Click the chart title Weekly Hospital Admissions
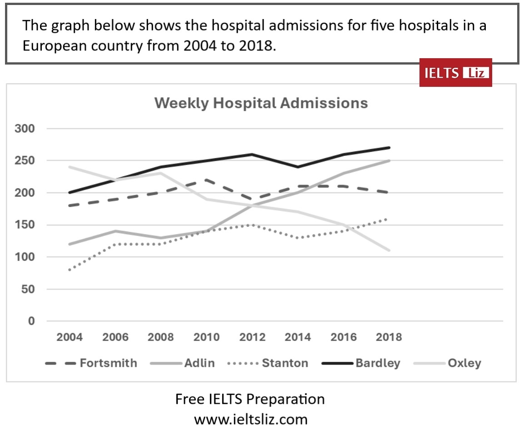[x=261, y=103]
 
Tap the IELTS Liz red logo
[x=455, y=73]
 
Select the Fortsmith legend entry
[x=91, y=363]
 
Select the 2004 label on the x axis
[x=70, y=337]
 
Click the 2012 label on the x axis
[x=252, y=337]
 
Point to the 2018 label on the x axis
[x=389, y=337]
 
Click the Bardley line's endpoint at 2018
[x=389, y=148]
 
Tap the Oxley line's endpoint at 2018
[x=389, y=250]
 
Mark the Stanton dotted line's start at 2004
[x=70, y=270]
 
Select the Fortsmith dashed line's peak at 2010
[x=207, y=180]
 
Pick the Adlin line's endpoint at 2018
[x=389, y=160]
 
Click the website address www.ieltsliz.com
[x=250, y=419]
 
